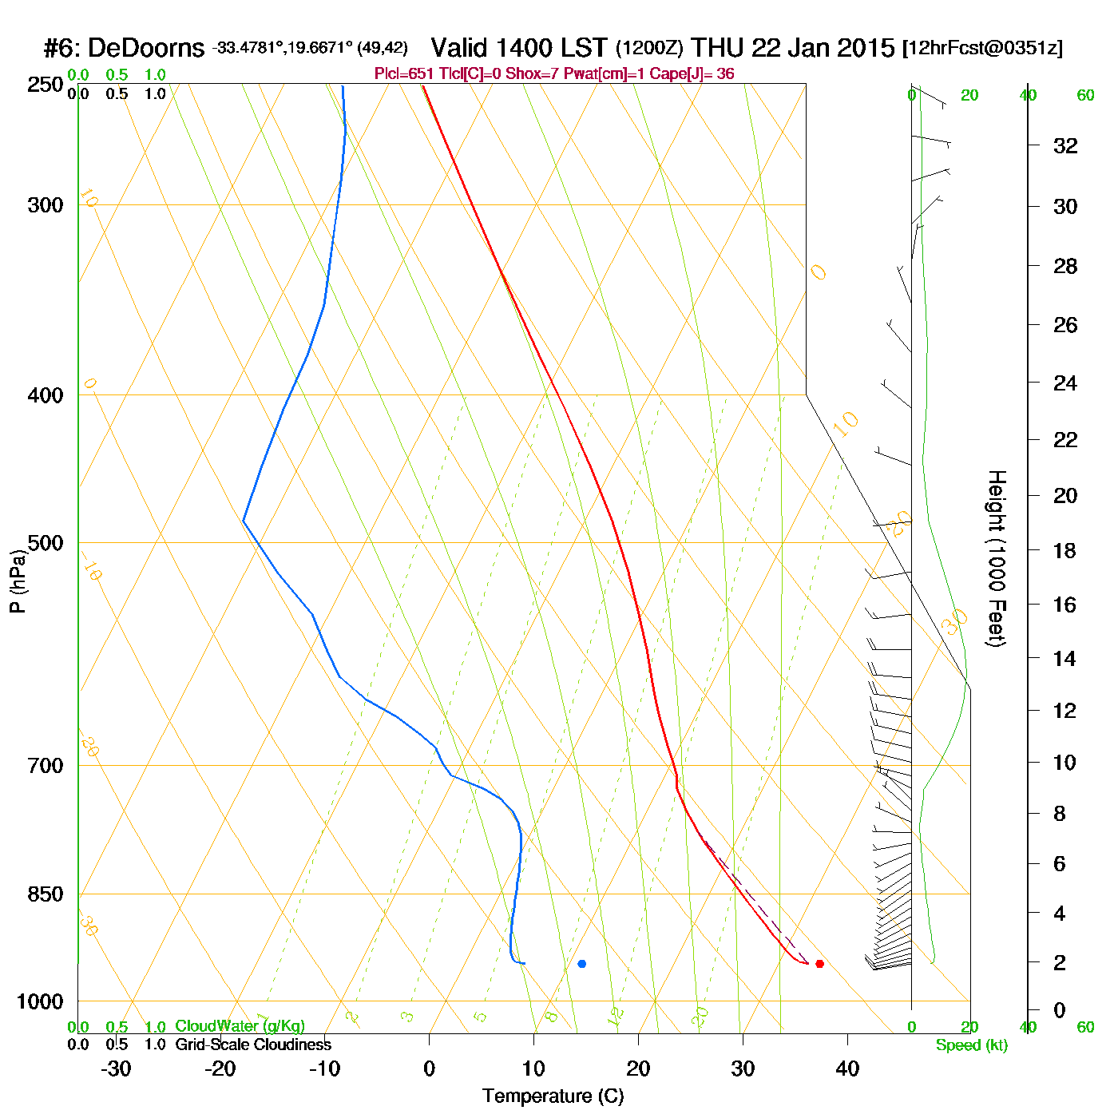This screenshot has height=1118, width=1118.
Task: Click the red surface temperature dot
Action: point(819,964)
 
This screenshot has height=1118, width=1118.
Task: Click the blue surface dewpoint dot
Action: point(581,964)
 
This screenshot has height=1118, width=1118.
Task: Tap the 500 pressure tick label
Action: point(46,543)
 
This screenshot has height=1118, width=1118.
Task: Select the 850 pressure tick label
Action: point(46,894)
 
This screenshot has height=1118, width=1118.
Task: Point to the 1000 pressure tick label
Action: point(40,1001)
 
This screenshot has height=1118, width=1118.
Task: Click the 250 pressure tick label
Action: point(46,85)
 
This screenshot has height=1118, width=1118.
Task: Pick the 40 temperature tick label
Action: point(847,1068)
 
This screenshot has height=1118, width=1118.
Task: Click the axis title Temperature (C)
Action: point(553,1096)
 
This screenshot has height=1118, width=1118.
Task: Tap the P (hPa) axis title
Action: point(18,581)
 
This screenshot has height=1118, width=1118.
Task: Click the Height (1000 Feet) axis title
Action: point(996,558)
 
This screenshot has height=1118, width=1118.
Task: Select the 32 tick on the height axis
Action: point(1065,146)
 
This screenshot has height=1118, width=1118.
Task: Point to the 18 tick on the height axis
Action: point(1065,550)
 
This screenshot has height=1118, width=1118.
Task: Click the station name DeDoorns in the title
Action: point(146,48)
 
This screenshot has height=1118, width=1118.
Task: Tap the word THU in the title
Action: point(718,48)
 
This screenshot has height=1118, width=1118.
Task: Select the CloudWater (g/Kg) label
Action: point(240,1026)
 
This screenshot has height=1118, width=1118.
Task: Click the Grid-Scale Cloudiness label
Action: point(253,1045)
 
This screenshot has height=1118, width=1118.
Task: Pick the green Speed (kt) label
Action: point(972,1045)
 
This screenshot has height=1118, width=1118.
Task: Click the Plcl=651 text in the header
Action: point(403,74)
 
